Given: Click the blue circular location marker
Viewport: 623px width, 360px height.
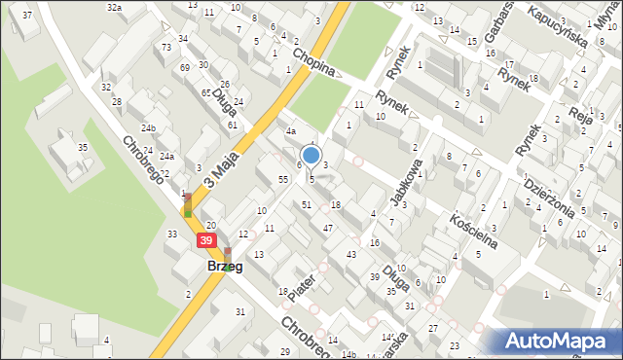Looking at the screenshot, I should [x=311, y=155].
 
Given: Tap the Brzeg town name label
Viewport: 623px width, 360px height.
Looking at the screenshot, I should [x=224, y=266].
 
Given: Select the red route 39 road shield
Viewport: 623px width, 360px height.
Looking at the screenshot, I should [x=205, y=240].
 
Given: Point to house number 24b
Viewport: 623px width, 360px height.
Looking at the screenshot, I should [x=148, y=127].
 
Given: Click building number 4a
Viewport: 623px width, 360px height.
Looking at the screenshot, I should [x=290, y=131].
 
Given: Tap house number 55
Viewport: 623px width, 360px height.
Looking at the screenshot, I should [x=282, y=180].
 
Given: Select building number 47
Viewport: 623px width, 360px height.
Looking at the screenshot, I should [x=328, y=227].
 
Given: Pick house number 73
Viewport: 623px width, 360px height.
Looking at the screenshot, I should [x=167, y=48].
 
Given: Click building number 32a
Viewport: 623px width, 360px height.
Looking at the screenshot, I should [x=115, y=8].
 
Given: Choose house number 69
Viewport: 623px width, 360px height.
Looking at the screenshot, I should [x=185, y=67].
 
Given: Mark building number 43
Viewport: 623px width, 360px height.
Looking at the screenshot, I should [x=350, y=254].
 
